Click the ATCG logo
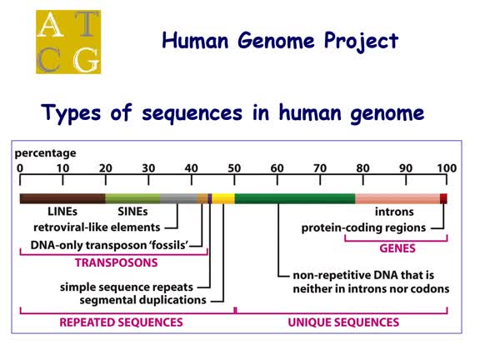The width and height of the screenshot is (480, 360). [x=67, y=42]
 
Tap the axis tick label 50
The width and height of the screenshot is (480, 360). [x=234, y=168]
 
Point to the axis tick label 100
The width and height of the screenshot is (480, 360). [x=447, y=168]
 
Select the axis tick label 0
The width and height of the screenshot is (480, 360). [x=20, y=168]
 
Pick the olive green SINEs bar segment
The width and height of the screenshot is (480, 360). [x=132, y=198]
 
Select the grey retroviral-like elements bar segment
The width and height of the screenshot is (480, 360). [x=177, y=198]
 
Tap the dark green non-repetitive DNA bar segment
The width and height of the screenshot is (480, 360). [x=295, y=198]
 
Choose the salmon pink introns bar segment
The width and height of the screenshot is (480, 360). [x=397, y=198]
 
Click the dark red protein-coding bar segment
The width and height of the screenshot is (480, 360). [x=444, y=198]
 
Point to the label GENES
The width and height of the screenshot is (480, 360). [x=396, y=247]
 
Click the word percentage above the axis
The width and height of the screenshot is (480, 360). [x=43, y=153]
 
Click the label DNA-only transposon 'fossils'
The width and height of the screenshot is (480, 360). [x=109, y=245]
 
